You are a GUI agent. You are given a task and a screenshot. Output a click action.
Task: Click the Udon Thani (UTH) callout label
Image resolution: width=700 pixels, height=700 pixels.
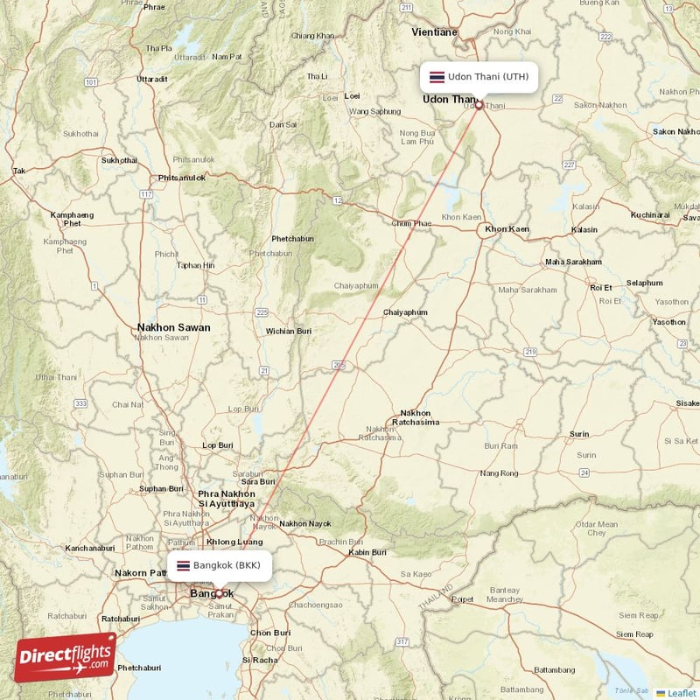coord(478,77)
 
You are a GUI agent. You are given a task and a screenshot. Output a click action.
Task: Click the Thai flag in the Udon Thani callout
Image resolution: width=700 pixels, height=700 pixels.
coord(435,77)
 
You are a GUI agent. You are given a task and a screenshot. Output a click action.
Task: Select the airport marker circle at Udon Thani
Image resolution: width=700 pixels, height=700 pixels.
coord(479,105)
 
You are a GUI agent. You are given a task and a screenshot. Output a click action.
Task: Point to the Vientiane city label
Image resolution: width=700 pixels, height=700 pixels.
coord(434,32)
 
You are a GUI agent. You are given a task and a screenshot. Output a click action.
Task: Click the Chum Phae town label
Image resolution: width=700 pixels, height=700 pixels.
coord(412,223)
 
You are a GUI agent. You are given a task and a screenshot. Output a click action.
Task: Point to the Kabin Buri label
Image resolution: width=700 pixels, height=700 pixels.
coord(367,552)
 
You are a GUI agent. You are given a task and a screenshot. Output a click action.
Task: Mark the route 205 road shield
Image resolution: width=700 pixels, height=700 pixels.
coord(339,364)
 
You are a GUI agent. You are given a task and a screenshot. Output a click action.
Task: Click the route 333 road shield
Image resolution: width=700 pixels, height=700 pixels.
coord(80,403)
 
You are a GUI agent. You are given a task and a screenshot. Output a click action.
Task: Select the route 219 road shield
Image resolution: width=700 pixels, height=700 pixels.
coord(530,351)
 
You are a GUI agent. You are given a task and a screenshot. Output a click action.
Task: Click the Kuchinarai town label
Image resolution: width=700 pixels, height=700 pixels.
coord(649,214)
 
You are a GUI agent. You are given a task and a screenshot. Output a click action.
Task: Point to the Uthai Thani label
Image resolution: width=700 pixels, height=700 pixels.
coord(56,377)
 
